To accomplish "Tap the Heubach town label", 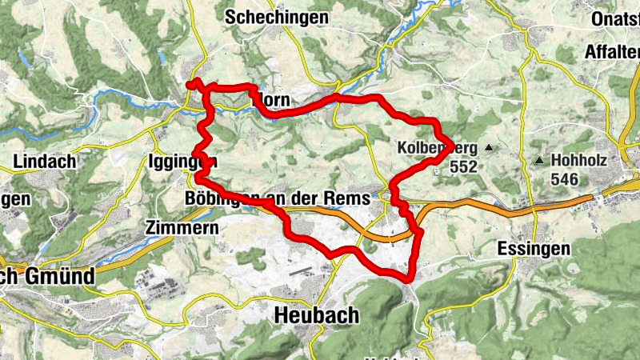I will pyautogui.click(x=316, y=315).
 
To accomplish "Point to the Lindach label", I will pyautogui.click(x=45, y=161).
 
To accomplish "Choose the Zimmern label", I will pyautogui.click(x=183, y=228).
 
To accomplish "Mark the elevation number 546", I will pyautogui.click(x=564, y=179).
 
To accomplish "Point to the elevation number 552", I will pyautogui.click(x=463, y=167).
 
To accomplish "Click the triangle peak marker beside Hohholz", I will pyautogui.click(x=540, y=161).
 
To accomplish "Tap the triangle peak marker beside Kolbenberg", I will pyautogui.click(x=487, y=148).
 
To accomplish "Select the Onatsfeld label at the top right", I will pyautogui.click(x=615, y=18).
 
